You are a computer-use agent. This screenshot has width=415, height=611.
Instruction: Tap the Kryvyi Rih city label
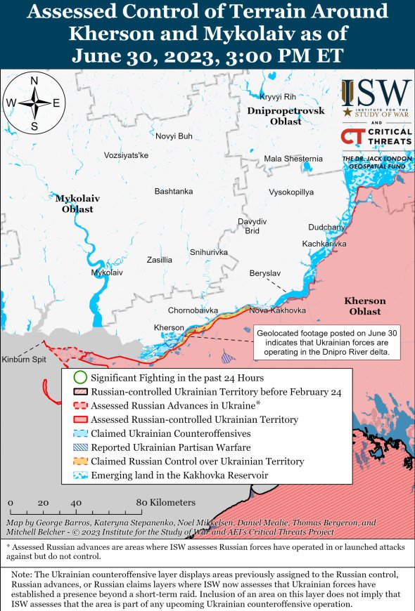pyautogui.click(x=277, y=96)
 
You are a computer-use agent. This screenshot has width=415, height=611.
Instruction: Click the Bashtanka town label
pyautogui.click(x=173, y=191)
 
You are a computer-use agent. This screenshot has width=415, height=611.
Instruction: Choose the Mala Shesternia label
pyautogui.click(x=293, y=159)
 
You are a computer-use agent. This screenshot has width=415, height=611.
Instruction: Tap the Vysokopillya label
pyautogui.click(x=291, y=192)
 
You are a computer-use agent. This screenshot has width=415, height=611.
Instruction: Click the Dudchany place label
pyautogui.click(x=326, y=227)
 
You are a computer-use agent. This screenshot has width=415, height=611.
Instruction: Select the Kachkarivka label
pyautogui.click(x=324, y=244)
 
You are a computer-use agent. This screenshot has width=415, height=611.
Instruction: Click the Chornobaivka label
pyautogui.click(x=193, y=310)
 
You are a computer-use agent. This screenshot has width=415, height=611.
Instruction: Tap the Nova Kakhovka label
pyautogui.click(x=277, y=310)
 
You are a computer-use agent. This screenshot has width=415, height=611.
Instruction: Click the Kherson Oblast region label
pyautogui.click(x=364, y=305)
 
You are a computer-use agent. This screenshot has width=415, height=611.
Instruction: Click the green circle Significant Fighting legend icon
pyautogui.click(x=80, y=378)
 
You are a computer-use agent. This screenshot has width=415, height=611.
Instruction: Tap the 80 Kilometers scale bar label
pyautogui.click(x=166, y=503)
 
